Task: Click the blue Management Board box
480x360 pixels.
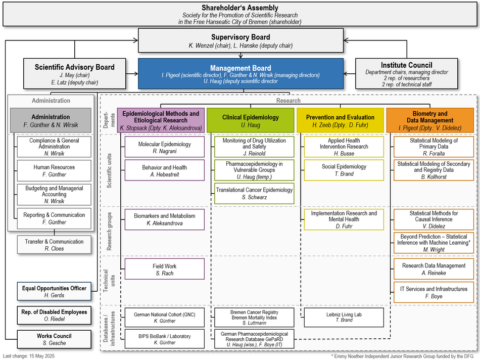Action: tap(241, 74)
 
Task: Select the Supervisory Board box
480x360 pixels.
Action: tap(241, 40)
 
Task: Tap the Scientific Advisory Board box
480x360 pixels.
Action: tap(74, 74)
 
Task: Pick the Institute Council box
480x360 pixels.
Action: tap(406, 74)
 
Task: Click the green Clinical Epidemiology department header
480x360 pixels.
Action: tap(250, 120)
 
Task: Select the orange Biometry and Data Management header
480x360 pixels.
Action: tap(430, 120)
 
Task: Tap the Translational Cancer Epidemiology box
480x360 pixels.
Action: tap(254, 193)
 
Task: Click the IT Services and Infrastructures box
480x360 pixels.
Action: tap(434, 292)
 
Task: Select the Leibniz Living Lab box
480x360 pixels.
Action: tap(340, 317)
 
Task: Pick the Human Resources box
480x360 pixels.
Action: tap(54, 170)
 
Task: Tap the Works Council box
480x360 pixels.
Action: tap(54, 339)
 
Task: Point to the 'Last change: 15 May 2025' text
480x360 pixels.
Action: tap(29, 356)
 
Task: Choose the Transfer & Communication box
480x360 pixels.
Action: tap(54, 245)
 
